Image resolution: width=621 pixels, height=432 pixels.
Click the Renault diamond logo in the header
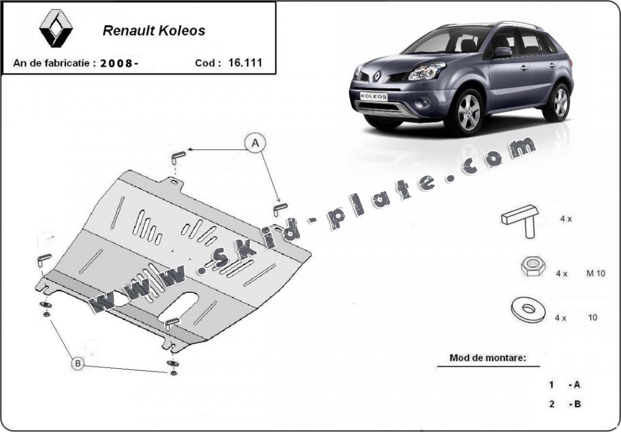56,28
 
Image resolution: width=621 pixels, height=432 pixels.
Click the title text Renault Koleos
154,31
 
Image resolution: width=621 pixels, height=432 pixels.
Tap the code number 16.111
245,62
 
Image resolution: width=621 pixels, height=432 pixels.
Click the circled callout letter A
255,143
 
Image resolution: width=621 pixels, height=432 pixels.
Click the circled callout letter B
78,365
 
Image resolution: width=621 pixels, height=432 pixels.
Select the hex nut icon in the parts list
532,266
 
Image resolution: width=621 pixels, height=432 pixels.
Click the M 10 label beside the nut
596,273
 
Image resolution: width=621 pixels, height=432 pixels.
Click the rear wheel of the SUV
558,102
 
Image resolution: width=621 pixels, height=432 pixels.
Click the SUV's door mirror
502,52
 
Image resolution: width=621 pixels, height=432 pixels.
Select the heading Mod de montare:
488,358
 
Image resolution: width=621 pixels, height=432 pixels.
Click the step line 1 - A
564,385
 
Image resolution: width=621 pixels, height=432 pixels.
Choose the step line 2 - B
564,404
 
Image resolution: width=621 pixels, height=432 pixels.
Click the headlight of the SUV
427,71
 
